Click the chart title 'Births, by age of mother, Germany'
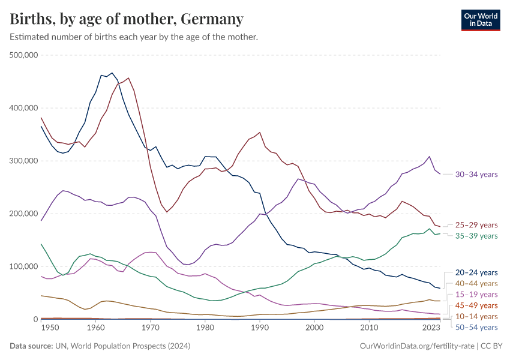tap(127, 19)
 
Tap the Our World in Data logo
tap(480, 19)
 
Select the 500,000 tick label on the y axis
tap(24, 55)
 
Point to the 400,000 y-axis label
tap(24, 108)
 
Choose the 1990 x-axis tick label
tap(259, 328)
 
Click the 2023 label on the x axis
tap(432, 328)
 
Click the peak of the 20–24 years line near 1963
tap(112, 73)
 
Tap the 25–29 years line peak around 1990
tap(259, 133)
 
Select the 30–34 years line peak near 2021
tap(429, 157)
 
